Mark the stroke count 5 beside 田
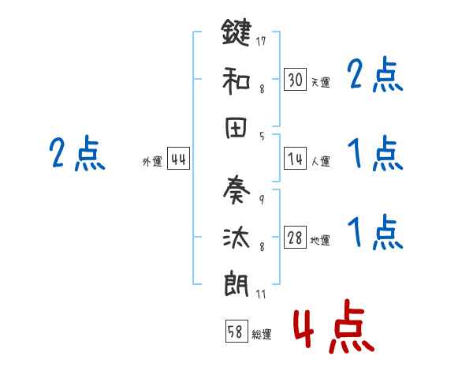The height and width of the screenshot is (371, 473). [x=262, y=135]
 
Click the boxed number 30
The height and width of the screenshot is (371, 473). [x=295, y=80]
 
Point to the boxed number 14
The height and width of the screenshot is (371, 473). [x=295, y=159]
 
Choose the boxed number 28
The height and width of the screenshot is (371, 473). [x=295, y=238]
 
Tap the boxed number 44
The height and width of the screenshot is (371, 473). [x=178, y=159]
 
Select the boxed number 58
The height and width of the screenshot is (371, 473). [x=235, y=332]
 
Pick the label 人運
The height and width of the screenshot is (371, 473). [x=320, y=162]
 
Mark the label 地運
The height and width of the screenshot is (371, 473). [x=320, y=241]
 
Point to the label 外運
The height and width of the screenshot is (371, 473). [x=151, y=162]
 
